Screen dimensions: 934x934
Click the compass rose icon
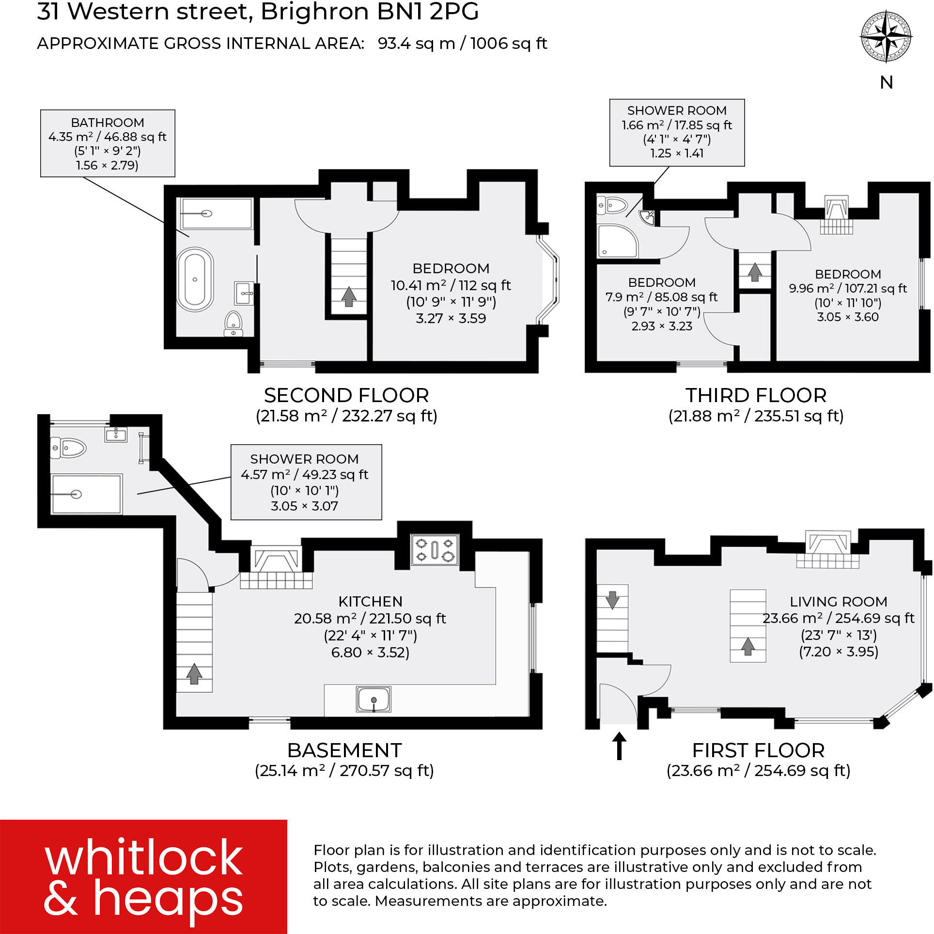[x=886, y=37]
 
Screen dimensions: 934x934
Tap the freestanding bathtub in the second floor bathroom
[x=194, y=280]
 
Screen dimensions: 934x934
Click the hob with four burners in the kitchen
[x=435, y=549]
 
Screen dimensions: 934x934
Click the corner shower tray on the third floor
[x=616, y=241]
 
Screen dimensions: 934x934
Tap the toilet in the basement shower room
[x=68, y=448]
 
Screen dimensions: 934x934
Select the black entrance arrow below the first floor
[x=619, y=746]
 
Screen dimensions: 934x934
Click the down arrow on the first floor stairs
[x=612, y=600]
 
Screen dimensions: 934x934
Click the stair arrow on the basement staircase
[x=194, y=673]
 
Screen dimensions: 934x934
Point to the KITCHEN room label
[x=370, y=601]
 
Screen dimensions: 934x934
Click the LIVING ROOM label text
[x=838, y=601]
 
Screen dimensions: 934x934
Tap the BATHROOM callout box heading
[x=107, y=123]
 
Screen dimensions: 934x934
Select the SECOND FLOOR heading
[x=346, y=395]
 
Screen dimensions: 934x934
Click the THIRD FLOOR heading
[x=755, y=395]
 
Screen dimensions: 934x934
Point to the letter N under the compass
[x=886, y=83]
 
